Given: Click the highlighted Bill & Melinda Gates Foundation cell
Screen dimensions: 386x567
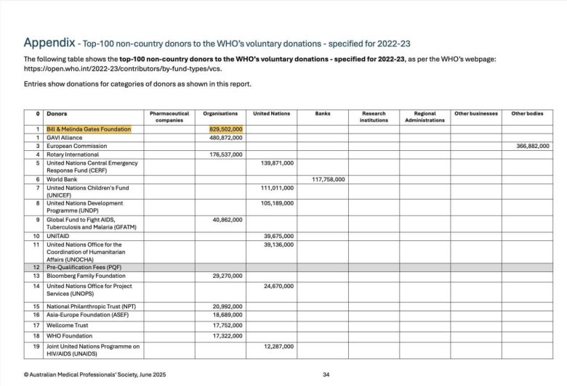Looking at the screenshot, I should tap(89, 129).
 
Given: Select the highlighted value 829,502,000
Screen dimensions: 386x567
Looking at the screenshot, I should tap(226, 129).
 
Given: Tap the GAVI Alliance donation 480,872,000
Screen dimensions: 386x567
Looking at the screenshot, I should tap(226, 137).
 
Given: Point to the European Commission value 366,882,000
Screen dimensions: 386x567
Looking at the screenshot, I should tap(533, 146).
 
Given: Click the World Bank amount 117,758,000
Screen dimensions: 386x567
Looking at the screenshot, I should tap(329, 178).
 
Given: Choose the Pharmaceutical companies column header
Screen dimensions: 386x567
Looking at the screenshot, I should tap(169, 116).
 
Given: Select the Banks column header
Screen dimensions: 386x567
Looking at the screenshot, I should tap(323, 113).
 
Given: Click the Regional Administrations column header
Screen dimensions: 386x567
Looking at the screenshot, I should tap(425, 116).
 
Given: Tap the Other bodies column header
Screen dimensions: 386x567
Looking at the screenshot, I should tap(527, 113).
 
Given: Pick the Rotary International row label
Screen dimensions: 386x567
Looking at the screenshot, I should tap(73, 155).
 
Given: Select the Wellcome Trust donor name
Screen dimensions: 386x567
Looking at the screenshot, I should tap(67, 325).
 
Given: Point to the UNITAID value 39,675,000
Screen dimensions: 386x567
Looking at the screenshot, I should tap(278, 236).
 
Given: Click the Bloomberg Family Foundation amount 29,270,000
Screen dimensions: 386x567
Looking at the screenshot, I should tap(226, 276).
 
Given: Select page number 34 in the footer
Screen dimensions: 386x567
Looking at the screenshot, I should tap(326, 374).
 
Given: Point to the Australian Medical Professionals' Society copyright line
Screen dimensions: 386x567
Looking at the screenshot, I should tap(94, 374).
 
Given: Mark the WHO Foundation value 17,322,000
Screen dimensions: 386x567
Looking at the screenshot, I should tap(226, 336).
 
